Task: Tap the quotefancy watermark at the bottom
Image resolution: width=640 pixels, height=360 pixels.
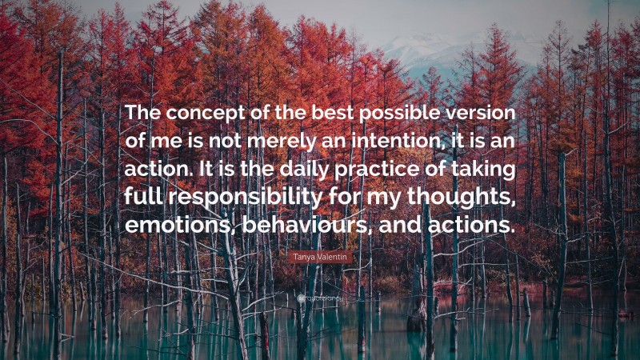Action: pos(320,296)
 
